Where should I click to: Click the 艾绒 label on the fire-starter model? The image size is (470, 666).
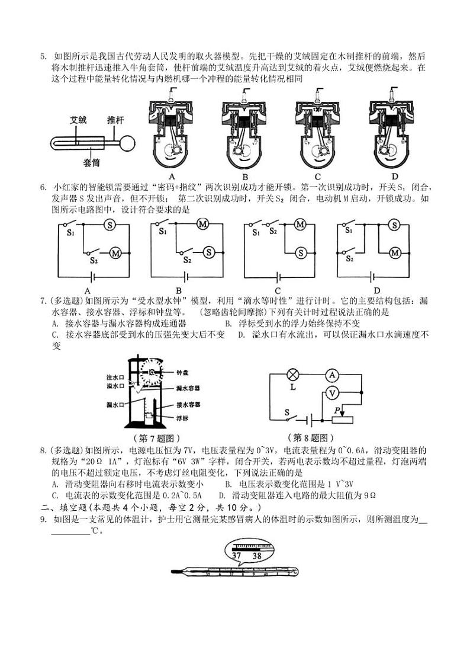coord(79,120)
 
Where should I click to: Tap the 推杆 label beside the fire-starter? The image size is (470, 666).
coord(115,120)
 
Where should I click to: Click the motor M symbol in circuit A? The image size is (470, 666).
coord(116,252)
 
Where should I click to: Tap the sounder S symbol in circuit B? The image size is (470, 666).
coord(209,252)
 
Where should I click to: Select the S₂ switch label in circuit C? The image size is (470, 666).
coord(273,232)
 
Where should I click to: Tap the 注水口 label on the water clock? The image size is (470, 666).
coord(114,377)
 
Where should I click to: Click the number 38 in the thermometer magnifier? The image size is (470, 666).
coord(257,556)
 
